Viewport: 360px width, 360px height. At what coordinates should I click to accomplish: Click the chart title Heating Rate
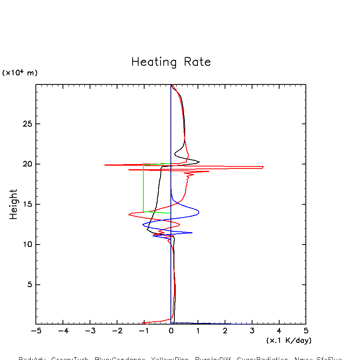[171, 62]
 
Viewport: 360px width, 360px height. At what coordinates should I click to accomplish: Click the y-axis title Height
[14, 204]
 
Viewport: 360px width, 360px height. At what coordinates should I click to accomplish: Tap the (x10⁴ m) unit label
[20, 73]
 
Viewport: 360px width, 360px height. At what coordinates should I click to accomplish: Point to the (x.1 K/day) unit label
[289, 340]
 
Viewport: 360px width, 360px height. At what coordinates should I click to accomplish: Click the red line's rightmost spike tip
[263, 167]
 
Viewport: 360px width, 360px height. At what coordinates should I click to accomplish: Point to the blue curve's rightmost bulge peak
[199, 212]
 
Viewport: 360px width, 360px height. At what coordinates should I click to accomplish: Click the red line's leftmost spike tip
[105, 165]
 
